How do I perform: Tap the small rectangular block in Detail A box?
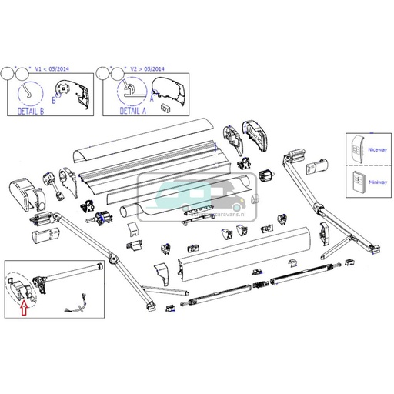(x=165, y=109)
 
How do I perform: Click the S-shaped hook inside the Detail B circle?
(x=30, y=92)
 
